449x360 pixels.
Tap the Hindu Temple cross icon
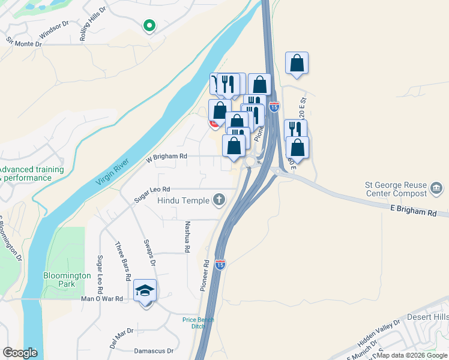click(x=219, y=200)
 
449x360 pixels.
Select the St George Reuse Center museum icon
click(x=436, y=190)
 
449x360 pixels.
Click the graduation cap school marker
click(x=145, y=291)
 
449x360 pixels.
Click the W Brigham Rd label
click(x=166, y=157)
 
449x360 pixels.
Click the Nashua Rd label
click(x=187, y=236)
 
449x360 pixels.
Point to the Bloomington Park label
click(x=67, y=280)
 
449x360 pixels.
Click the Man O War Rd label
click(x=102, y=298)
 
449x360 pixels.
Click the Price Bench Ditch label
click(x=198, y=323)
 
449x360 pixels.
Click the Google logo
click(x=20, y=353)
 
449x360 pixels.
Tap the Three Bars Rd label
click(x=122, y=262)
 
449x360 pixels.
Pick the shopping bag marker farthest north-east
click(x=297, y=63)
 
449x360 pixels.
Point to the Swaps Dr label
click(x=149, y=253)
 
